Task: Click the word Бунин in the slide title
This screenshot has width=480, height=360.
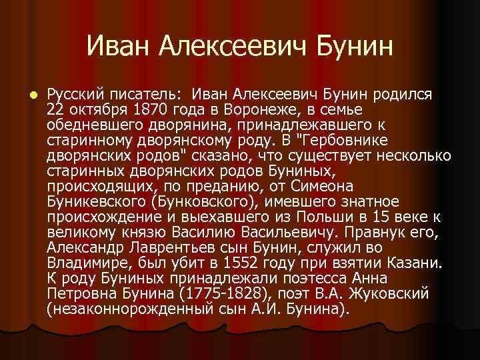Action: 351,47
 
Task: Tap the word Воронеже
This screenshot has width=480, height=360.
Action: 244,109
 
